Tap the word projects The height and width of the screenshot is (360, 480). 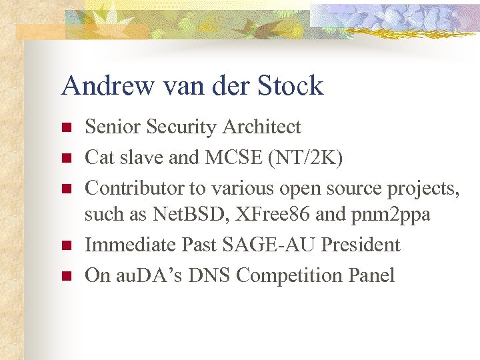[423, 189]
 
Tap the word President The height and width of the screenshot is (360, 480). [360, 245]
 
